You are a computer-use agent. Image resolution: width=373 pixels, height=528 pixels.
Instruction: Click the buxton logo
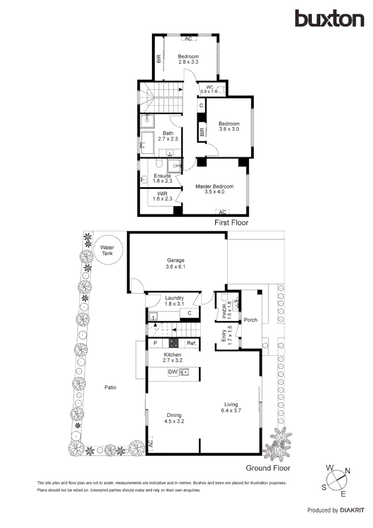(x=329, y=19)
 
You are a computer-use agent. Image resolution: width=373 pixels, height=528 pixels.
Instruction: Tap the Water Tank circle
(x=107, y=251)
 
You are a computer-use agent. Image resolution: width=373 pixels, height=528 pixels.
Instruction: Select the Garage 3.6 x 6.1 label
(x=175, y=264)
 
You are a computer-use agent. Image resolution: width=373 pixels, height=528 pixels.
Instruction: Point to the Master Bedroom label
(x=214, y=189)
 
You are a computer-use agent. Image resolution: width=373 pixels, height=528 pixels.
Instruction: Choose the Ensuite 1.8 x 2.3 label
(x=162, y=178)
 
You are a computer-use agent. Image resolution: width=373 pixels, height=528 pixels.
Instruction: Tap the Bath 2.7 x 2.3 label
(x=168, y=136)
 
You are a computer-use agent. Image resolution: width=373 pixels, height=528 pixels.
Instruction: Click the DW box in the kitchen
(x=172, y=372)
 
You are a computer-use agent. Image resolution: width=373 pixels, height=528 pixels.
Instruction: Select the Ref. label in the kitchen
(x=191, y=344)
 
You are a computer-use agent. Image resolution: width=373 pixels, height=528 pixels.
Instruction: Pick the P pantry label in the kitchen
(x=155, y=344)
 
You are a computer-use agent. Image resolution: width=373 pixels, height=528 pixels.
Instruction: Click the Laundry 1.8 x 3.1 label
(x=174, y=301)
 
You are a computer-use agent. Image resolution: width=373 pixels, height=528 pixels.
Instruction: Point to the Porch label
(x=251, y=320)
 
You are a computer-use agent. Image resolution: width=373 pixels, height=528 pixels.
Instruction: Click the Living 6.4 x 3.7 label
(x=231, y=407)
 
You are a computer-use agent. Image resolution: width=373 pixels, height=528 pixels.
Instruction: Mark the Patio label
(x=110, y=388)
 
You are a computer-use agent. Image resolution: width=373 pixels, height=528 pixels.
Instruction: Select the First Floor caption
(x=231, y=222)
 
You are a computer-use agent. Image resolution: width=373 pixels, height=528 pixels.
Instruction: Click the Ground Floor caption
(x=267, y=468)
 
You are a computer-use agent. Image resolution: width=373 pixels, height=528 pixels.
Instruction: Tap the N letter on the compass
(x=348, y=471)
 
